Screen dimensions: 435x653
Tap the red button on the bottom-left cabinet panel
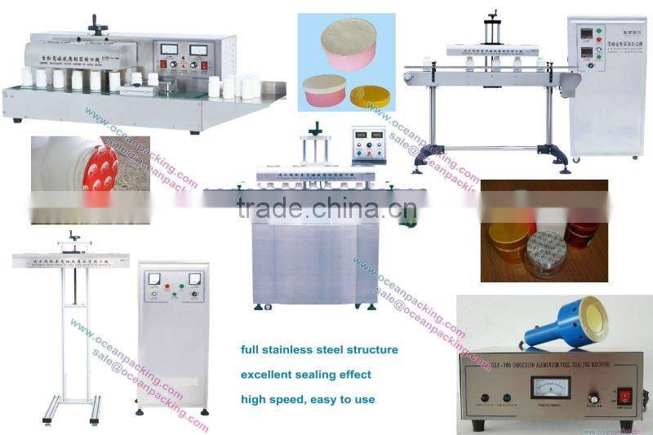180,286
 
